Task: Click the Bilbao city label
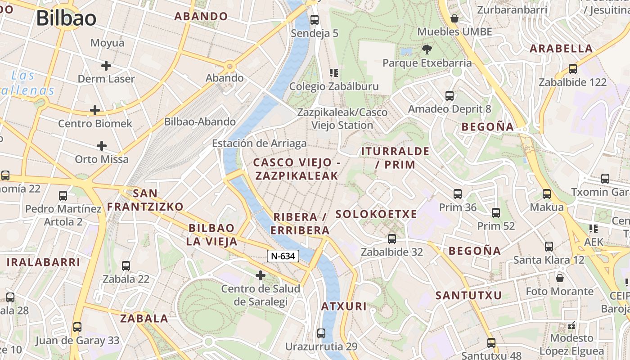point(66,18)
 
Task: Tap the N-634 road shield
point(283,256)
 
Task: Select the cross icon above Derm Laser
point(106,66)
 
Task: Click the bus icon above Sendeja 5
point(315,20)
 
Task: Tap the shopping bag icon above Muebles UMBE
point(454,18)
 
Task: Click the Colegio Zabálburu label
point(334,86)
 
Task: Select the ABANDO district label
point(201,17)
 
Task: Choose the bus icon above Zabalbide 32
point(392,239)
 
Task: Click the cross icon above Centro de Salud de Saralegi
point(261,275)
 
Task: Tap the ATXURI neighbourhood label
point(344,306)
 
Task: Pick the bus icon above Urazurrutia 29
point(321,333)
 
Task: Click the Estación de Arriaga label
point(259,144)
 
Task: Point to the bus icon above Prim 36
point(458,194)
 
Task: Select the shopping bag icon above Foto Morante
point(559,278)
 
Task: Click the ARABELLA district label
point(561,49)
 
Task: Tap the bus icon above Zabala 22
point(126,265)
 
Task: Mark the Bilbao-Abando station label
point(200,121)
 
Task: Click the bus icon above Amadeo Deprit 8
point(449,95)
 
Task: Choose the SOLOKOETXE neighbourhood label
point(376,214)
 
